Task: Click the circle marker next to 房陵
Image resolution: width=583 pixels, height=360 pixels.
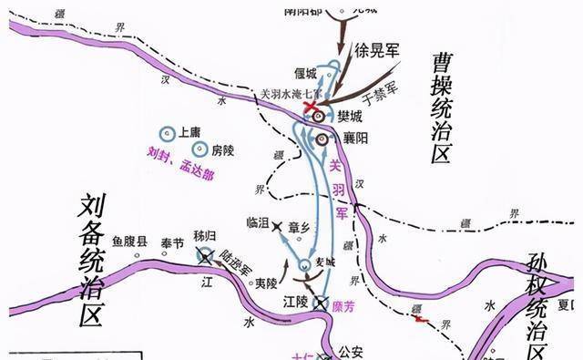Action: [198, 149]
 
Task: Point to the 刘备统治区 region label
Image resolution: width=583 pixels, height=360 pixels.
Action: [91, 259]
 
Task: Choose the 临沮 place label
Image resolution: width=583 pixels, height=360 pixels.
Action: [260, 221]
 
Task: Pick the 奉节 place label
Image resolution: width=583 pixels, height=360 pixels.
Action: [171, 242]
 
